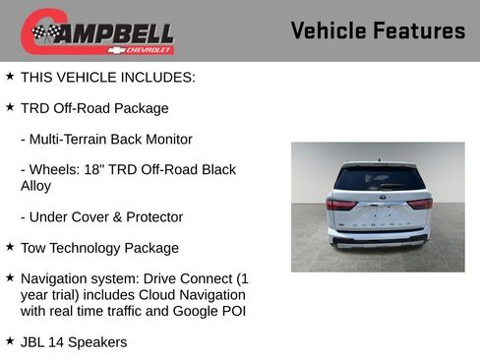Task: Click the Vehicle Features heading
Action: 378,30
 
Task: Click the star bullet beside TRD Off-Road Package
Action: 10,106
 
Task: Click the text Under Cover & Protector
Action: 101,216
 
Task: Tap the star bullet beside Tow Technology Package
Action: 10,246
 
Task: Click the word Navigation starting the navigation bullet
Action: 54,278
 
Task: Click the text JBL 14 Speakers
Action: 74,342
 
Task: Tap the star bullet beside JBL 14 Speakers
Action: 10,340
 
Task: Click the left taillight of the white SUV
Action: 340,204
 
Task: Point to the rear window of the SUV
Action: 379,179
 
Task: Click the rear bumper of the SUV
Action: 379,239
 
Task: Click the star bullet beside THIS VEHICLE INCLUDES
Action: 10,75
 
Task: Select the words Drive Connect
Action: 191,278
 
